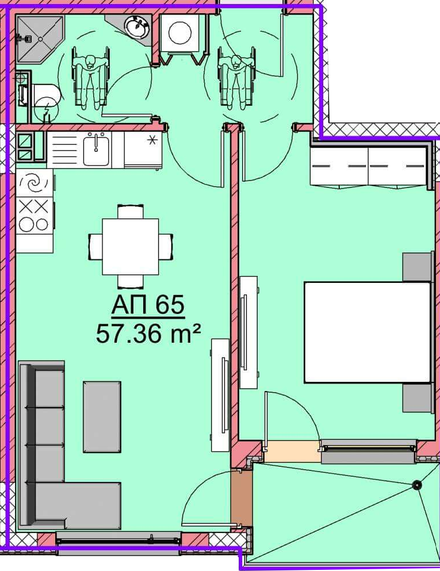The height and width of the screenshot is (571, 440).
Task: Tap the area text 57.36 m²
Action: click(148, 334)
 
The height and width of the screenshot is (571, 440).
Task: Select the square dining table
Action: click(131, 247)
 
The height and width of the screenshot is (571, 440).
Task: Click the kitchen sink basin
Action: click(96, 149)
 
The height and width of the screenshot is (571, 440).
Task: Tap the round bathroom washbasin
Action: click(137, 26)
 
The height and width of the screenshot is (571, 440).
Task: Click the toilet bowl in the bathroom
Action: click(45, 95)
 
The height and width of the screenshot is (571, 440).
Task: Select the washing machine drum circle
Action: click(180, 33)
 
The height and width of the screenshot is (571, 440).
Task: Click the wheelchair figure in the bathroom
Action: click(90, 78)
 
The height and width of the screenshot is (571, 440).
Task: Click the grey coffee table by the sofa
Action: click(102, 417)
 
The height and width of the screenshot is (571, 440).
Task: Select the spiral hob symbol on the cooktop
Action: click(34, 182)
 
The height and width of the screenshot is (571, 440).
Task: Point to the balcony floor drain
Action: click(416, 485)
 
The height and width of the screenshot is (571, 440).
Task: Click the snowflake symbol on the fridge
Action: click(152, 140)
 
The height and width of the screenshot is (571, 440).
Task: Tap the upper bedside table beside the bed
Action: click(418, 267)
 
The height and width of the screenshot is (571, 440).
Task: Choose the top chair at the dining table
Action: click(131, 212)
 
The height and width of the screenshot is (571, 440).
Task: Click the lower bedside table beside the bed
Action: click(418, 398)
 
